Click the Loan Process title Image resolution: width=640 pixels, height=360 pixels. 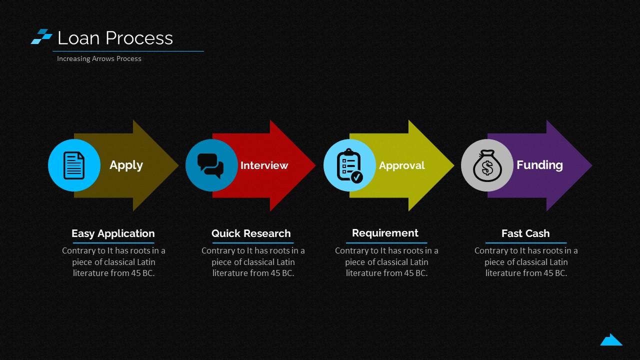point(115,38)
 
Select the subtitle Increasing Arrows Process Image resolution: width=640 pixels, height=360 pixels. point(99,58)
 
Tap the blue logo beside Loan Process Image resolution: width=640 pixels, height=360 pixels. point(41,36)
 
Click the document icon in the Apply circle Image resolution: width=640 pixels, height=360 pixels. point(74,165)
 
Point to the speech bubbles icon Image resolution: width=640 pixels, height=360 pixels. point(210,165)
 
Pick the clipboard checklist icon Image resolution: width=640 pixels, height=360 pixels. point(349,165)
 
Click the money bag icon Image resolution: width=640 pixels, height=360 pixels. point(487,165)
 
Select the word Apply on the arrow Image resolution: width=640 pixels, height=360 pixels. point(126,165)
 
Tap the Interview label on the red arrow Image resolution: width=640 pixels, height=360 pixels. point(264,165)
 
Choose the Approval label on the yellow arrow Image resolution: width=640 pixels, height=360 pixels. point(401,165)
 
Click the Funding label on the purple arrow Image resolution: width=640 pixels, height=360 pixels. point(539,165)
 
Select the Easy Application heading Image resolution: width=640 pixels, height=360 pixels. point(113,233)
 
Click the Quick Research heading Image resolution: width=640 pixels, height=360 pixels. point(251,233)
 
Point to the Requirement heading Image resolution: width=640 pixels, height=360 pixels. point(385,233)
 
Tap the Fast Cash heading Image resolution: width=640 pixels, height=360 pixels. point(525,233)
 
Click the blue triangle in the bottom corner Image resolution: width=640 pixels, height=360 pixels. point(611,340)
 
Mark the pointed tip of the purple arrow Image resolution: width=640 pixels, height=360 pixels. point(591,165)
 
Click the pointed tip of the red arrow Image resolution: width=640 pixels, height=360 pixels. point(315,165)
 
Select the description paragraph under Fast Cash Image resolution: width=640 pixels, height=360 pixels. point(526,261)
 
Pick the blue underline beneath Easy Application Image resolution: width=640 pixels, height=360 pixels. point(113,243)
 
